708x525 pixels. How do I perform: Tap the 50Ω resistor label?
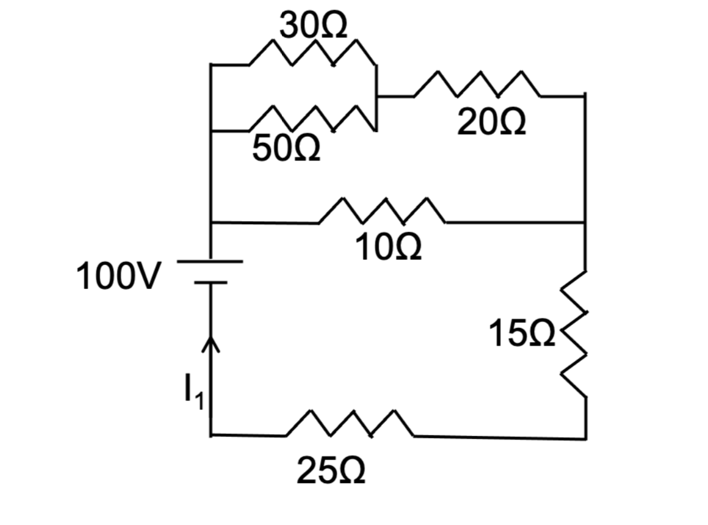tap(287, 149)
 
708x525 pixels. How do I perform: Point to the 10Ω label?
tap(388, 250)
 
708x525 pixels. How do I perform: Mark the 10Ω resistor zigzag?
tap(382, 212)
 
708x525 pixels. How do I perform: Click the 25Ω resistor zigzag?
tap(350, 424)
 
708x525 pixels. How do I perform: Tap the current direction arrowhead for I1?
tap(211, 344)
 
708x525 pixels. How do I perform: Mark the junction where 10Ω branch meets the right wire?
tap(585, 222)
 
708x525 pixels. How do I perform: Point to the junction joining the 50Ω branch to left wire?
tap(211, 130)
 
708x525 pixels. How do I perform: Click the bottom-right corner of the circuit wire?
tap(585, 438)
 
